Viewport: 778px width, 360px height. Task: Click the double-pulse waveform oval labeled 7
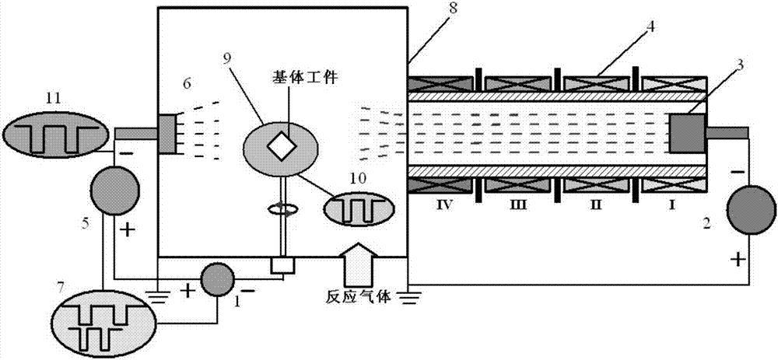pos(103,319)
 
